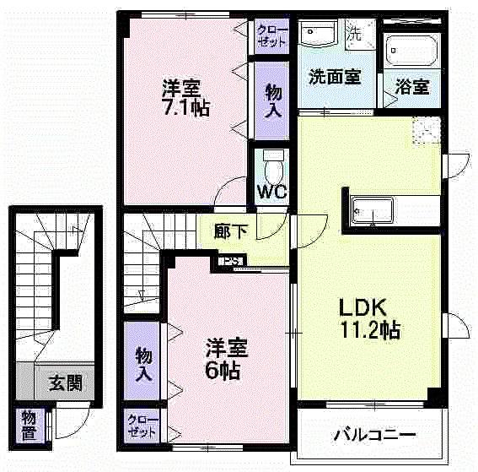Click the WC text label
[x=272, y=191]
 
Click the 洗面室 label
[x=335, y=77]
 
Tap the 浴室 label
[x=412, y=86]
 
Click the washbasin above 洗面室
[x=319, y=34]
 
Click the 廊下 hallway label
[x=228, y=231]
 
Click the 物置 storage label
[x=30, y=421]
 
